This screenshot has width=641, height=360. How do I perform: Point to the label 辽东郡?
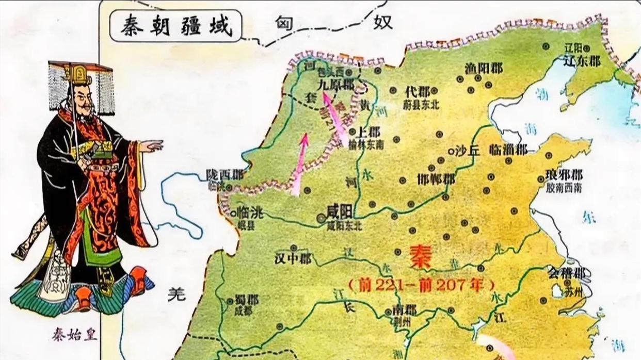[582, 61]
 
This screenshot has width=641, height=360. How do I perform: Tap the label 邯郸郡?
[436, 179]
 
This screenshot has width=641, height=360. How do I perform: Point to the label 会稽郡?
[566, 272]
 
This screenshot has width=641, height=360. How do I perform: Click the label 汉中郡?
[293, 258]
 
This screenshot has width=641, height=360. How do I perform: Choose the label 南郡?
[404, 310]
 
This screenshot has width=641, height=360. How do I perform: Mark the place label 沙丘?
[467, 151]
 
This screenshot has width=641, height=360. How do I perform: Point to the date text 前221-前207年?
[421, 284]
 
